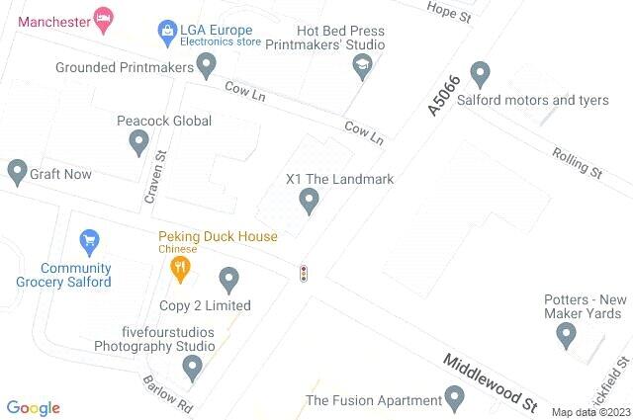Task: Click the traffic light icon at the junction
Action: tap(304, 273)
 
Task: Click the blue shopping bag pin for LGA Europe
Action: tap(167, 33)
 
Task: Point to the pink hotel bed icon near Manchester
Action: tap(102, 17)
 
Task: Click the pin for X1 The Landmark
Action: tap(310, 202)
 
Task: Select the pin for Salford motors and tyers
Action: tap(481, 73)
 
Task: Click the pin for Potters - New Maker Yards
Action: tap(567, 335)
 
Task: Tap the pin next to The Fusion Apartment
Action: tap(455, 399)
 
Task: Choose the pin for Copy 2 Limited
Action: tap(228, 280)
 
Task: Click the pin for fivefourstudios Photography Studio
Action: tap(193, 368)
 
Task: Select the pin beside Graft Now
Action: tap(17, 173)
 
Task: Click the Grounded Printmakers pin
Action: tap(206, 66)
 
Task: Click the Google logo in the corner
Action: tap(34, 407)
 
